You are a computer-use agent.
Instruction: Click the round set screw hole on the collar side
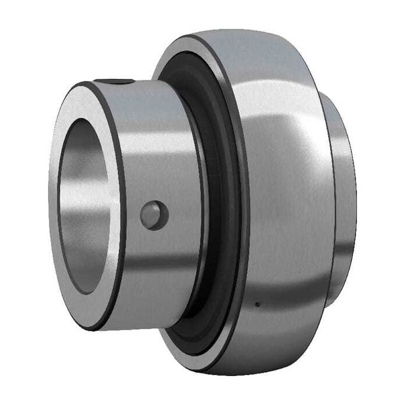pos(154,215)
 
